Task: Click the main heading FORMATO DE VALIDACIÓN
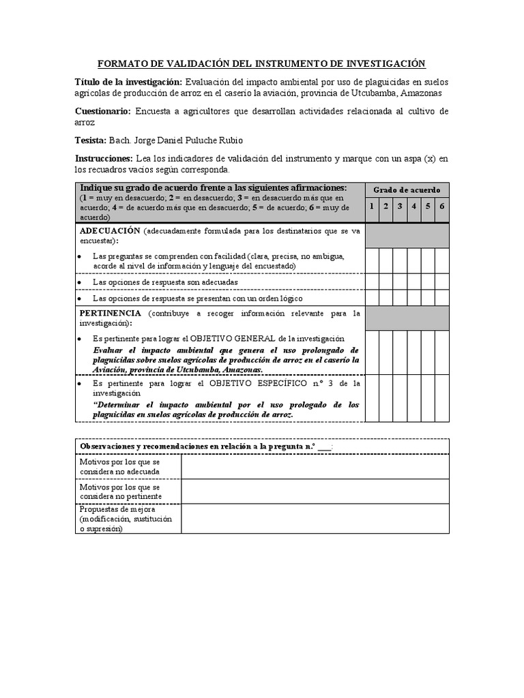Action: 262,63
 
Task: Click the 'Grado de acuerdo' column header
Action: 407,189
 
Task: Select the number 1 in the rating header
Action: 372,207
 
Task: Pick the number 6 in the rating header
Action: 442,207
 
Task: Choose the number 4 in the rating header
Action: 414,207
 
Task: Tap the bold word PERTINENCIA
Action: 111,313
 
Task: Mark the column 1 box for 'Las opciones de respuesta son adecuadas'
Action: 372,282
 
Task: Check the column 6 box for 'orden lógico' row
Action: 442,298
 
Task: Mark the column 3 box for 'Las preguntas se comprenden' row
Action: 400,260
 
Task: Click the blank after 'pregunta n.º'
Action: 324,446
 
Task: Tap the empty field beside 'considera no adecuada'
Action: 315,466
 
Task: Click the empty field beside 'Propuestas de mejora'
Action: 315,518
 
